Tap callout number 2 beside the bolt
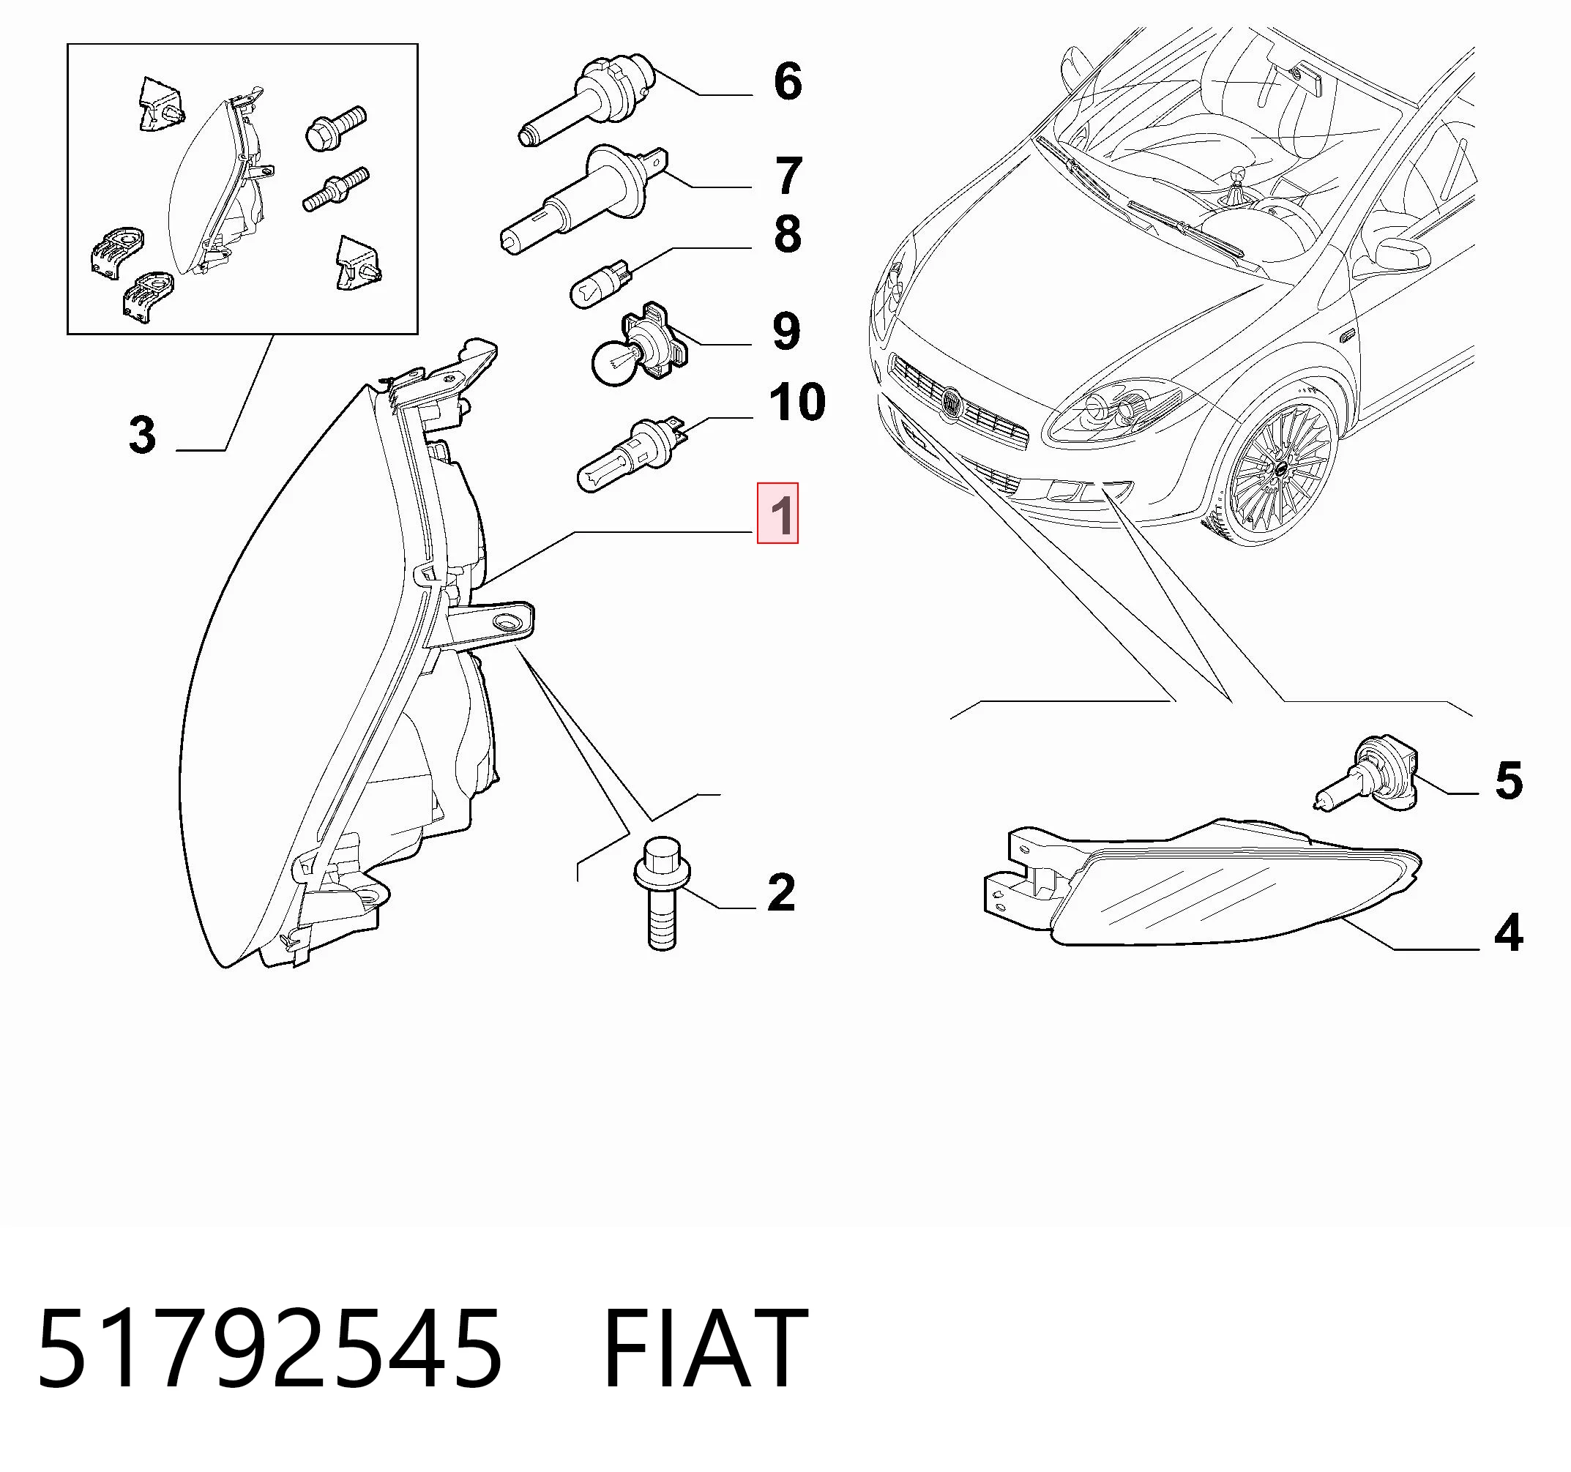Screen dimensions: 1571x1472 (781, 892)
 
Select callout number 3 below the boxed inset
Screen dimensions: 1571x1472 (142, 436)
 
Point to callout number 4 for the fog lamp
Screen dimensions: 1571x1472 (1509, 933)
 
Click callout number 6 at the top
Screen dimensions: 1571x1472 (787, 81)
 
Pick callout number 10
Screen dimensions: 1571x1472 (796, 402)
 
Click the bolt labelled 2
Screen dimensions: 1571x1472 (663, 893)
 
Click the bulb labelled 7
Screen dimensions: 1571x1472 (586, 199)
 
